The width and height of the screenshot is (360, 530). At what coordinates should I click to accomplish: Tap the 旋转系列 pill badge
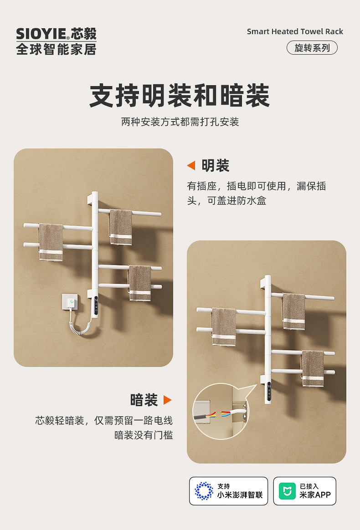click(312, 48)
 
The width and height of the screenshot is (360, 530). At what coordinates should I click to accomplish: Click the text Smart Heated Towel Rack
click(295, 31)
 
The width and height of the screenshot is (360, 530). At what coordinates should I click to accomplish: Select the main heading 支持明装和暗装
click(180, 96)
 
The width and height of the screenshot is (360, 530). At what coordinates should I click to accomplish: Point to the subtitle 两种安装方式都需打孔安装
click(180, 122)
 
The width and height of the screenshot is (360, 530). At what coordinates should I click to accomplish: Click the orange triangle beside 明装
click(191, 166)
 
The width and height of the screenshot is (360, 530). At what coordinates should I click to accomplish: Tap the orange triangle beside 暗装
click(168, 400)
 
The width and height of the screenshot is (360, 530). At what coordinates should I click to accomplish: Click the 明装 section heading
click(215, 166)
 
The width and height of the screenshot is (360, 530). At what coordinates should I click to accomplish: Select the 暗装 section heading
click(144, 400)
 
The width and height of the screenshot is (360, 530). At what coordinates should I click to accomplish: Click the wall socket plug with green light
click(70, 301)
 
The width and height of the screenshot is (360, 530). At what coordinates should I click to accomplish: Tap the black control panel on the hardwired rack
click(269, 392)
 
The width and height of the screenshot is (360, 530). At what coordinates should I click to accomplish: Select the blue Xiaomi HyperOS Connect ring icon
click(204, 491)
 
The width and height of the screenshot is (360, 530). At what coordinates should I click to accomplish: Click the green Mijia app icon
click(287, 491)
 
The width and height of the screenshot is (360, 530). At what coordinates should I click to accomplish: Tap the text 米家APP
click(315, 495)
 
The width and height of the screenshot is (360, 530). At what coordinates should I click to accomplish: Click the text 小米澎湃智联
click(240, 495)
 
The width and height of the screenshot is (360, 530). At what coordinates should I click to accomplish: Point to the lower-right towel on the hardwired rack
click(313, 368)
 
